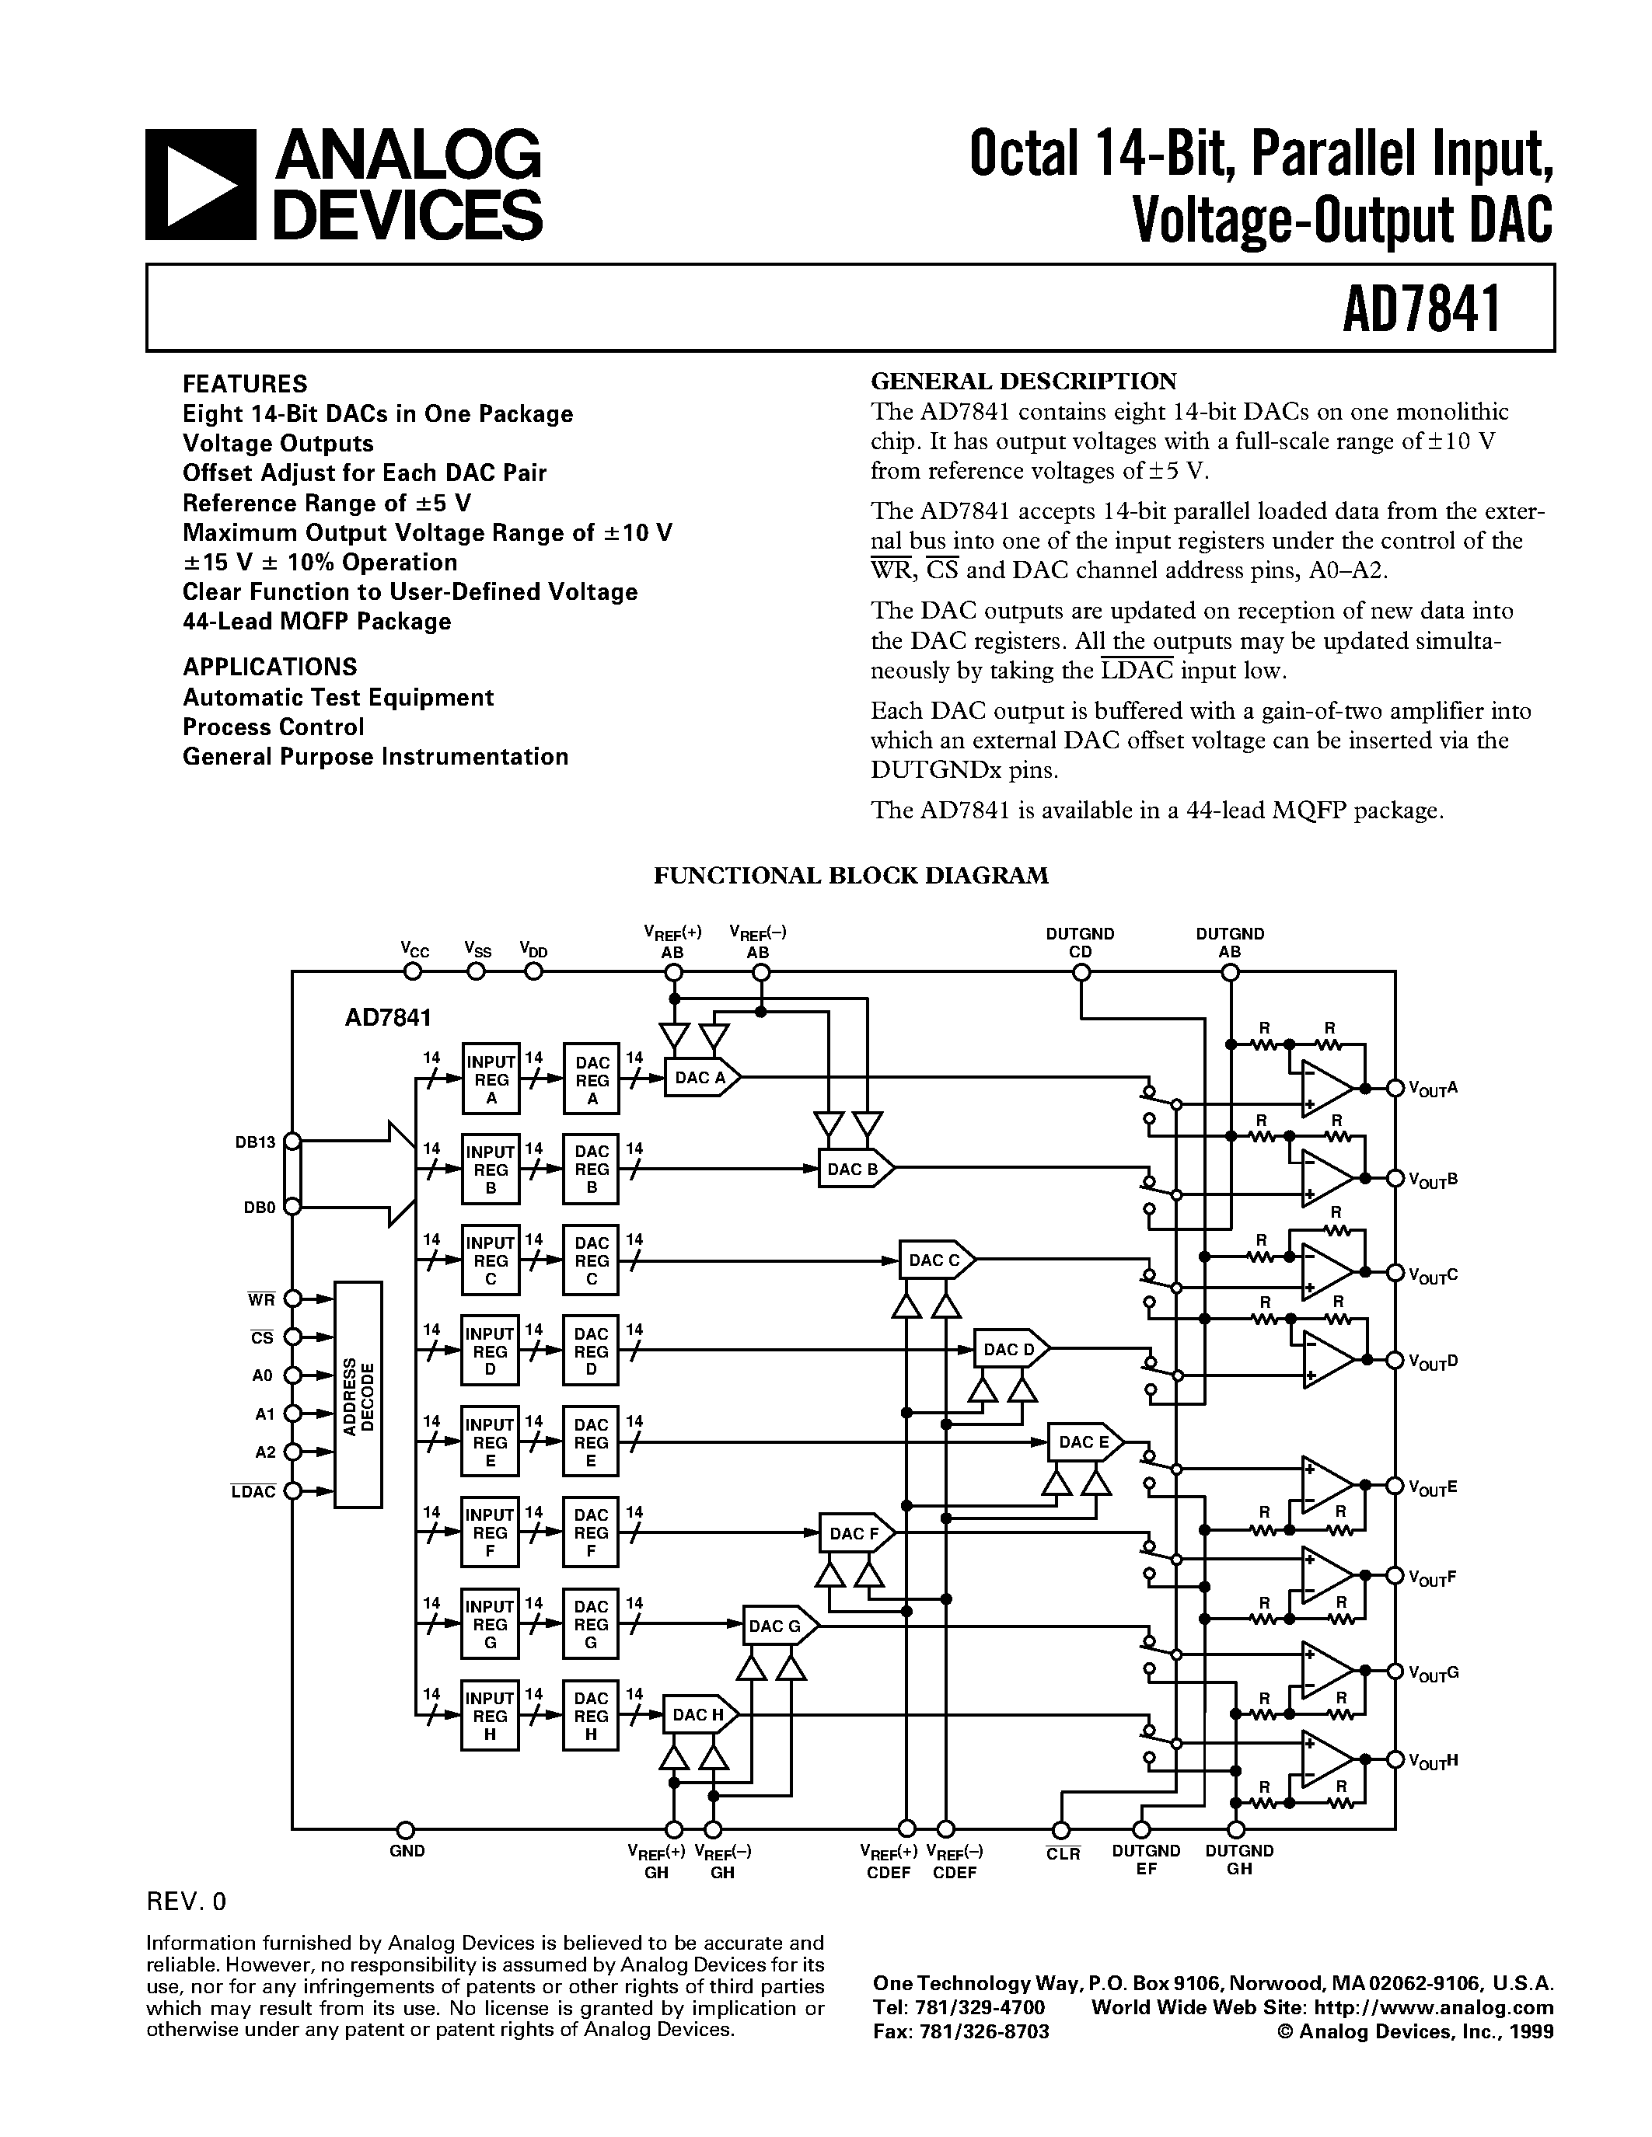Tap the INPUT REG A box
491,1080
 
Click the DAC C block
935,1260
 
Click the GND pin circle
405,1830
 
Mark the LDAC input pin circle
292,1491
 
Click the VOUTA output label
1433,1088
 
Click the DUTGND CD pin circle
1081,971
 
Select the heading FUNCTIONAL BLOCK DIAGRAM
850,876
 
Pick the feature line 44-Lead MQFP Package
316,622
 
